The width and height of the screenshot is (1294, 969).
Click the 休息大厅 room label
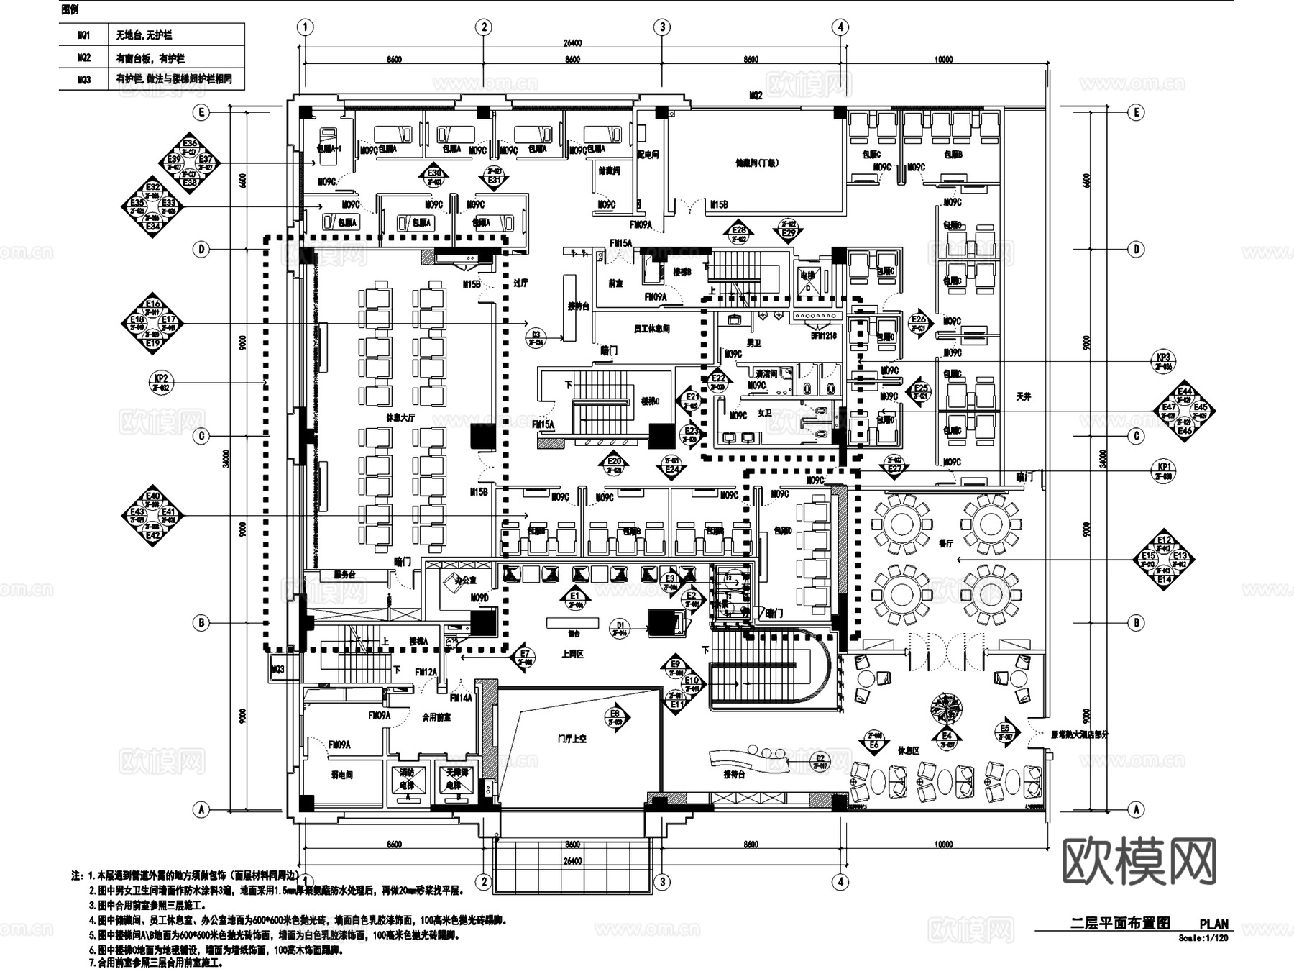pos(400,417)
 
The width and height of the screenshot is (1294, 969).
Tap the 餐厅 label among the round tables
pos(945,544)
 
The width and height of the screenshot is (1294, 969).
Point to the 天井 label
pos(1024,396)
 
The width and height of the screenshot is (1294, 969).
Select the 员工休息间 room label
pos(651,329)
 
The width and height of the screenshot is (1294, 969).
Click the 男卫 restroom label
pos(753,343)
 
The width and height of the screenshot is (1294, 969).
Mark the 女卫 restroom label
pos(764,413)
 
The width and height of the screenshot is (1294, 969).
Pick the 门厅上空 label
pos(572,739)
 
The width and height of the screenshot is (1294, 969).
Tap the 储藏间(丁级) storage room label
pos(756,163)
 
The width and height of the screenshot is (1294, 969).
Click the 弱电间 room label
pos(341,775)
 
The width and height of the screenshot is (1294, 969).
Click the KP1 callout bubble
pos(1164,470)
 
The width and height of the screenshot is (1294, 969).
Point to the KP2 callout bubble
pos(161,382)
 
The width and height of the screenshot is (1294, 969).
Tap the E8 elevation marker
pos(616,716)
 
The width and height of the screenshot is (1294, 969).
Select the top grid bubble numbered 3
pos(662,27)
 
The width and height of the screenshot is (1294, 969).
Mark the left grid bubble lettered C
pos(202,436)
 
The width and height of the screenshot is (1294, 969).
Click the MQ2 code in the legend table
pos(85,58)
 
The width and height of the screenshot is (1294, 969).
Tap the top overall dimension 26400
pos(572,43)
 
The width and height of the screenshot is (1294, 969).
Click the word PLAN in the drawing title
pos(1213,924)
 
